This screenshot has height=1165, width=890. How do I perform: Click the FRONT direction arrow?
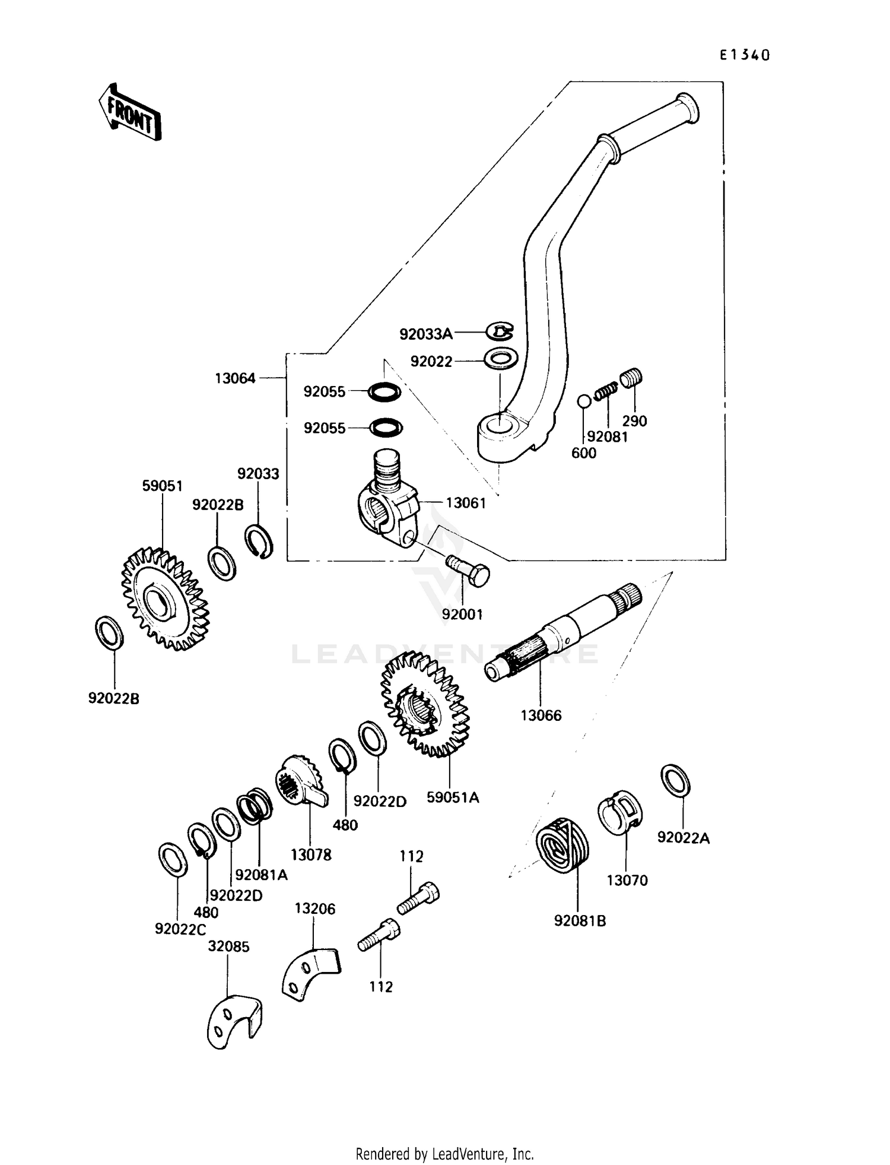click(130, 112)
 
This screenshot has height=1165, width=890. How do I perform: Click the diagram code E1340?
click(745, 55)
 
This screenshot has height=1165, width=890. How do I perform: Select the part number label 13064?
click(235, 378)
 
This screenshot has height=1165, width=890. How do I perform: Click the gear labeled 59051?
click(166, 599)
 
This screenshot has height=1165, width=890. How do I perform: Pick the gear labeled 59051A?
click(425, 704)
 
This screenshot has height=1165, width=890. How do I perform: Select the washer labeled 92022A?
click(676, 780)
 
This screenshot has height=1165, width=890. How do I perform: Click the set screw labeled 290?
click(632, 377)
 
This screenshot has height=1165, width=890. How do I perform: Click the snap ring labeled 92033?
click(259, 541)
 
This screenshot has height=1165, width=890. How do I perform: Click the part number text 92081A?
click(261, 875)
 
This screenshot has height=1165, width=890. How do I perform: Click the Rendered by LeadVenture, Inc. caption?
click(444, 1154)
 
